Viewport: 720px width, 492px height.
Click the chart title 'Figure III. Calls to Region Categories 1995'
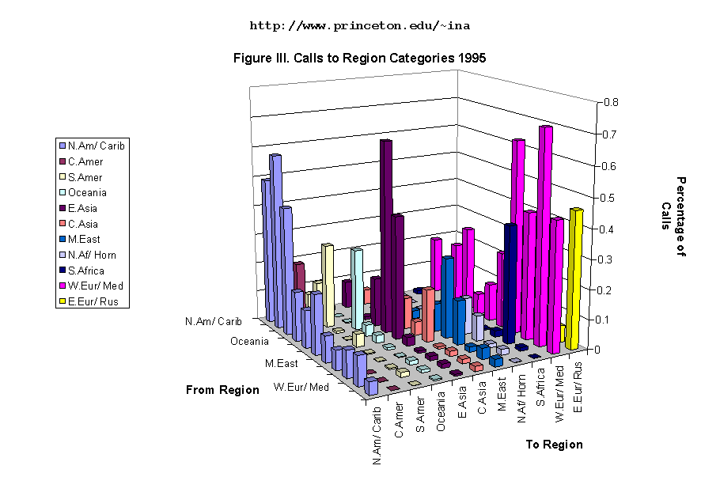pyautogui.click(x=359, y=59)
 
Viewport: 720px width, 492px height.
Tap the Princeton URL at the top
pyautogui.click(x=359, y=25)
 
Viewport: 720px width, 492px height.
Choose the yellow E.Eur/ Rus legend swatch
pyautogui.click(x=62, y=301)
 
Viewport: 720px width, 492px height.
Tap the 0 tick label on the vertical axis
pyautogui.click(x=605, y=349)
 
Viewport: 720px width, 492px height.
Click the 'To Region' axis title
pyautogui.click(x=554, y=445)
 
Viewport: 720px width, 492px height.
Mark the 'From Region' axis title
pyautogui.click(x=222, y=390)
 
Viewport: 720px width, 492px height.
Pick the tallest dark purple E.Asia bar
pyautogui.click(x=385, y=229)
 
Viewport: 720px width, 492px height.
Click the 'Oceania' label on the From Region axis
pyautogui.click(x=249, y=342)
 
